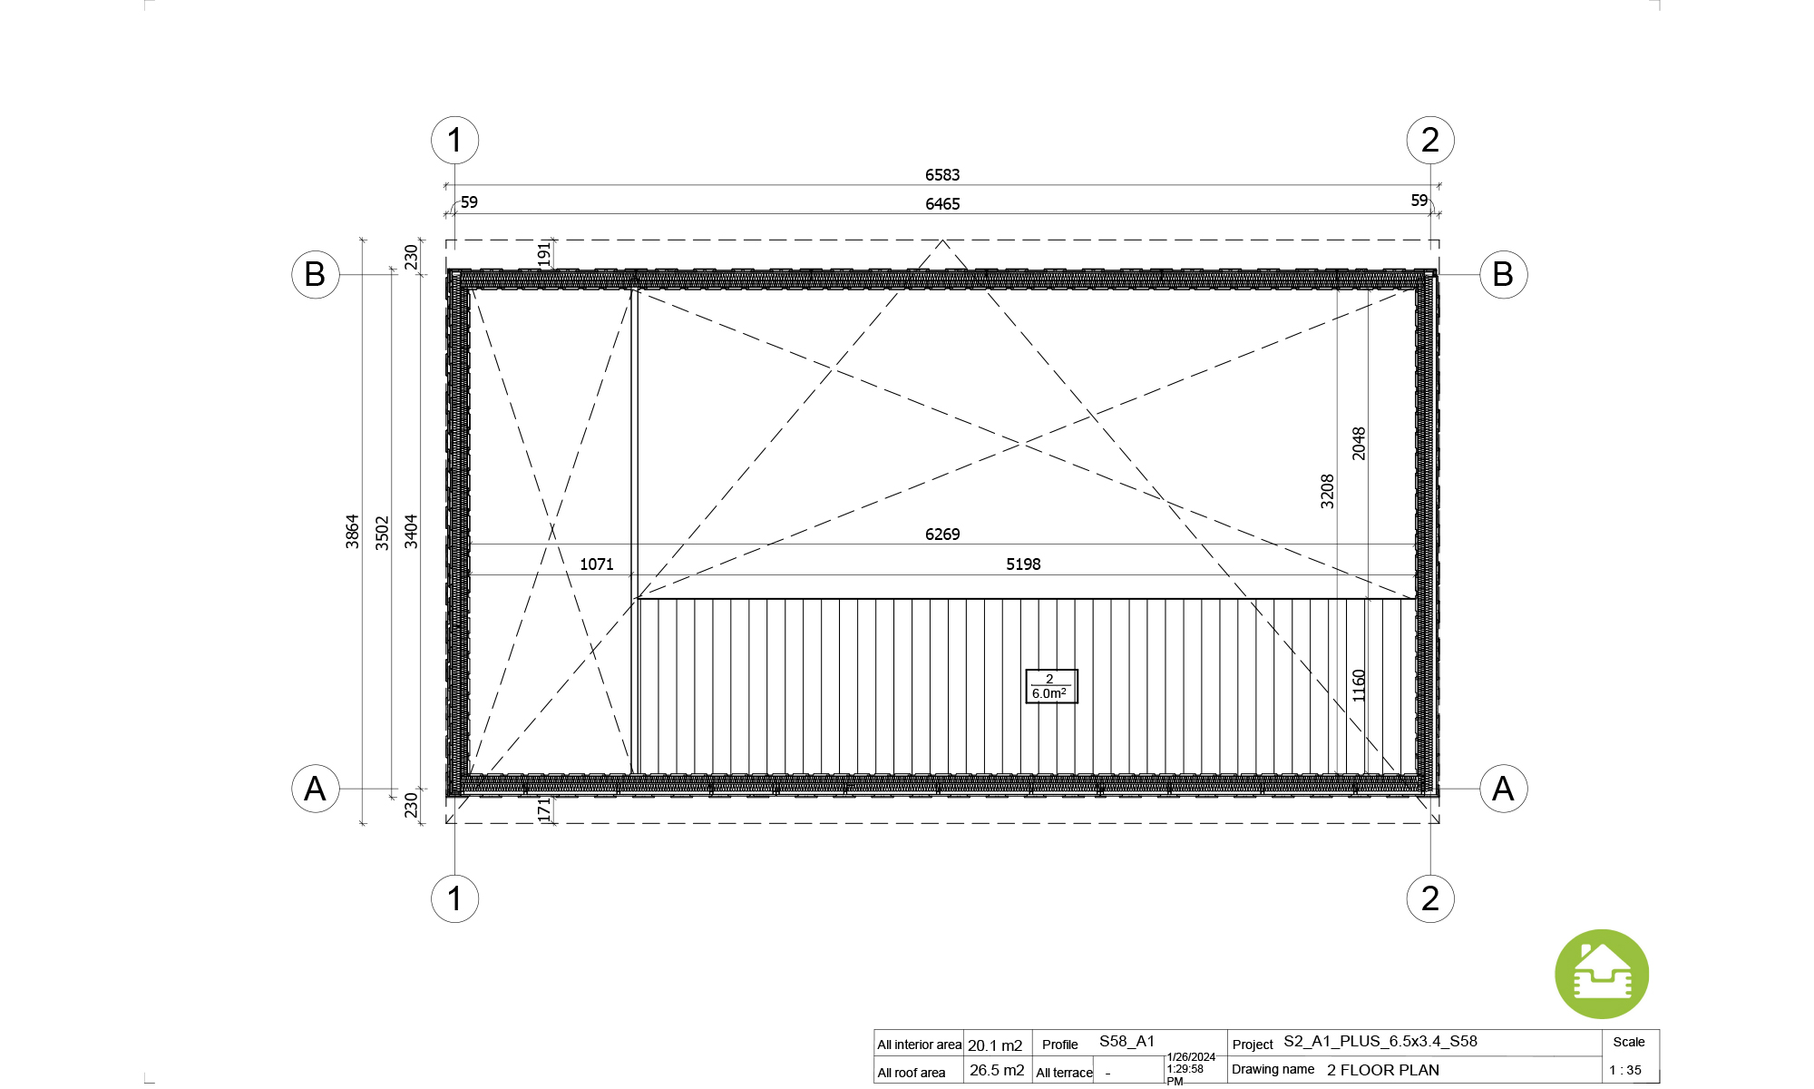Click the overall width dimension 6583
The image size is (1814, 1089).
[x=942, y=174]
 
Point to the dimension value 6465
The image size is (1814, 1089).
[x=942, y=204]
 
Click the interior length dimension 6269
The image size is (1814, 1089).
[x=942, y=535]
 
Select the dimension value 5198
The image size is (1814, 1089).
[x=1023, y=564]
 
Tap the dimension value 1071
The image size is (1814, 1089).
[x=597, y=564]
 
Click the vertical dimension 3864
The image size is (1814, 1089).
[x=352, y=532]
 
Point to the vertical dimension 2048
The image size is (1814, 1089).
[x=1359, y=444]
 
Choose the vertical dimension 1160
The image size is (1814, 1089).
[x=1359, y=685]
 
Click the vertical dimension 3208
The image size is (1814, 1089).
[x=1327, y=491]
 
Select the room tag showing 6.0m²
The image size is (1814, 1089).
[x=1051, y=686]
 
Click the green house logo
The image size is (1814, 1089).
[x=1602, y=974]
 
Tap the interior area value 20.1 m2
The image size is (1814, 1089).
[x=995, y=1045]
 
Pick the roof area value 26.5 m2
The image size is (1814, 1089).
[x=997, y=1071]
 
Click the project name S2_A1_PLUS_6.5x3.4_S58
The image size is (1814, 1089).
[x=1380, y=1042]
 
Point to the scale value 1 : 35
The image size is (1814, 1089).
[x=1625, y=1071]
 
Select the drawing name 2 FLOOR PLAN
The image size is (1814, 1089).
[x=1383, y=1071]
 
